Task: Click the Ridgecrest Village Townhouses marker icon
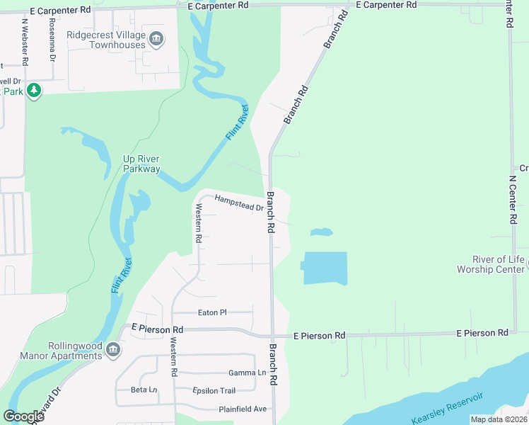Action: (158, 39)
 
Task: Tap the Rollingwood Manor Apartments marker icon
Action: (112, 349)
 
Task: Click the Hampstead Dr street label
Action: (239, 203)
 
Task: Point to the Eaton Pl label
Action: (212, 312)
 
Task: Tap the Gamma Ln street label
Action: (247, 373)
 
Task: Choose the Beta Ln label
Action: (144, 390)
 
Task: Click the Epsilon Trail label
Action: (214, 390)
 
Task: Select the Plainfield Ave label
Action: (243, 409)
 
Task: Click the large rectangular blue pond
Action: (325, 268)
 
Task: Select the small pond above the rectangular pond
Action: (322, 232)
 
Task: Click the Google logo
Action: (23, 416)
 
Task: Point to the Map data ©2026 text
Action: (498, 419)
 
